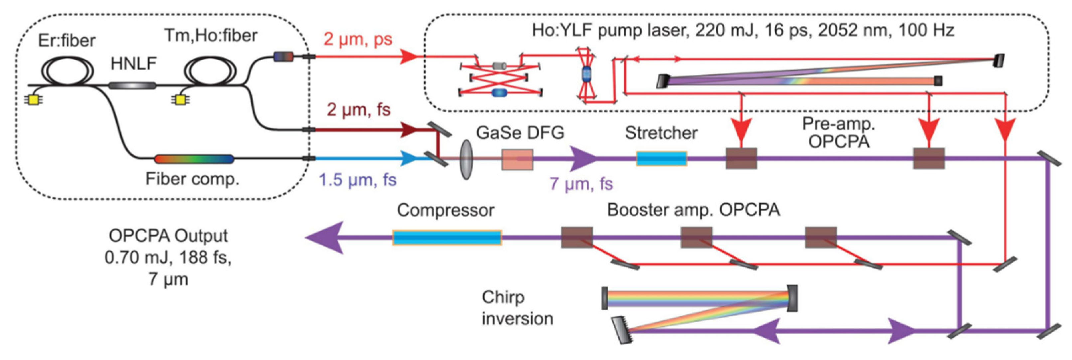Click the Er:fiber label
(67, 41)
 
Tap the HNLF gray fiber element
(132, 86)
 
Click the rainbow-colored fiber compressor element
(194, 159)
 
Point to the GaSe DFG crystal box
(517, 160)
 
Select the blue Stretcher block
(661, 159)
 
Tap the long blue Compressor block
(447, 238)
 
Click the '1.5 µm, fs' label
(357, 180)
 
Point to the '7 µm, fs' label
(581, 183)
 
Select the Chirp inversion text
(517, 308)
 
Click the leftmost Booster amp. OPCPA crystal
(577, 238)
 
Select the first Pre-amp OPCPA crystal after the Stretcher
(741, 159)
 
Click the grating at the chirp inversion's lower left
(621, 330)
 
